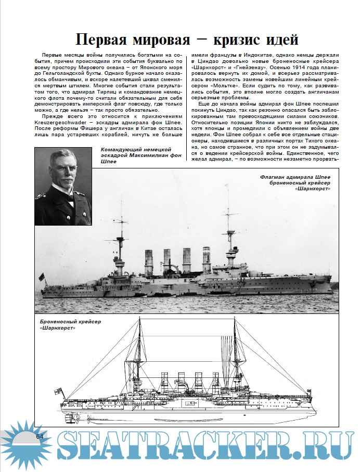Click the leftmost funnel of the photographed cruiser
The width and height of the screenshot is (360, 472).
click(x=148, y=260)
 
